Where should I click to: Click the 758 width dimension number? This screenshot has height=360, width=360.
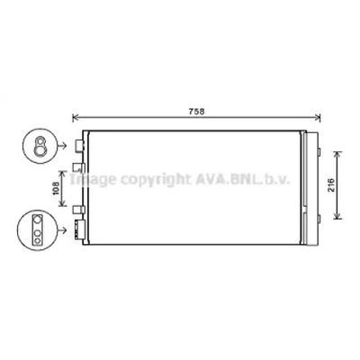[196, 111]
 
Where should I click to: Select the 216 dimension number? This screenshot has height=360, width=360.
[330, 184]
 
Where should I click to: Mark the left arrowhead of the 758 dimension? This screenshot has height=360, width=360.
[75, 116]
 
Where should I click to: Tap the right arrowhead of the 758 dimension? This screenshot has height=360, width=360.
[321, 116]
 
